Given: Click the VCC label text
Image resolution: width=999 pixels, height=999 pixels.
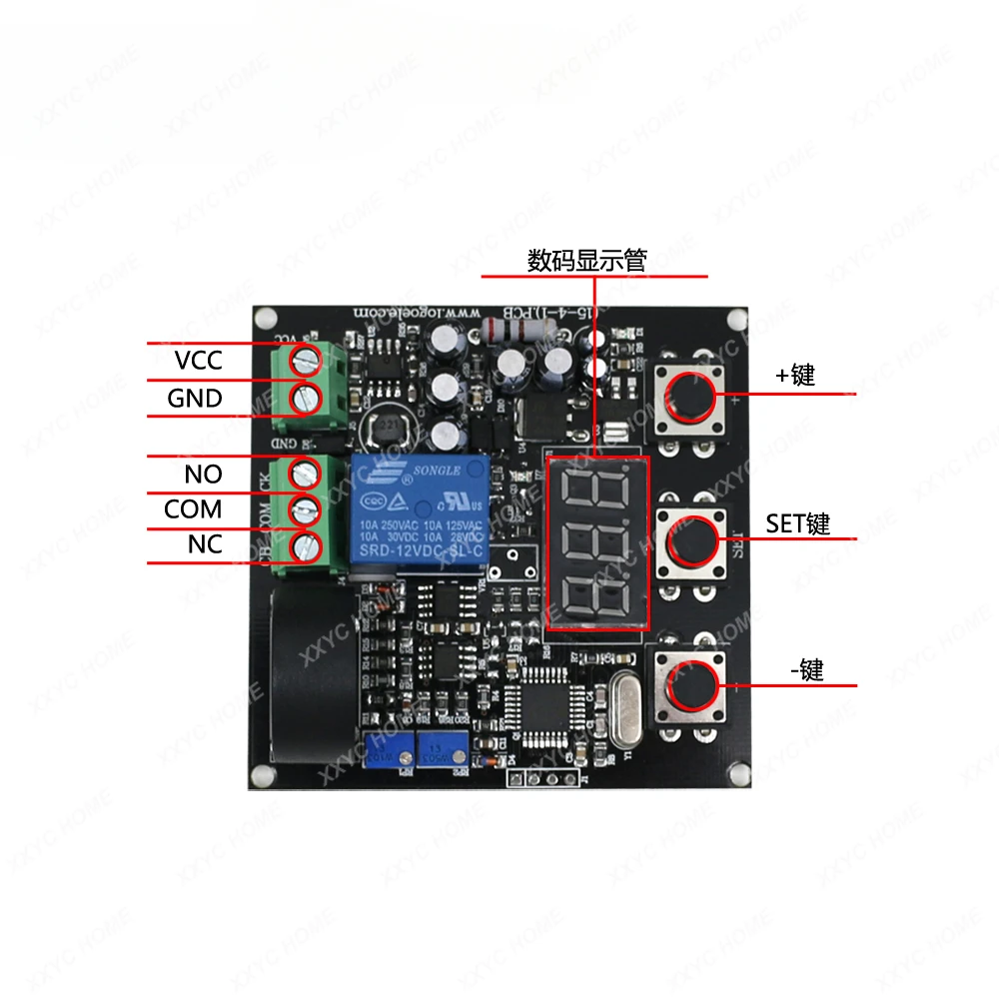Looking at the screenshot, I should (198, 360).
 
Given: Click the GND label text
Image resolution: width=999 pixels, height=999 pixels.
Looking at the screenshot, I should (194, 399).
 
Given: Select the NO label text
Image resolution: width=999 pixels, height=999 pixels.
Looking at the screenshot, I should (203, 474).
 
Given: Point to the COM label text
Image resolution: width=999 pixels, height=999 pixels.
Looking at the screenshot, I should (193, 509).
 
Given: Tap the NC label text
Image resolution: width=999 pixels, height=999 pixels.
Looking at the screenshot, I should (204, 545).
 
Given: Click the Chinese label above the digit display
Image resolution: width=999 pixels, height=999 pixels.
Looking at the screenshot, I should (586, 262).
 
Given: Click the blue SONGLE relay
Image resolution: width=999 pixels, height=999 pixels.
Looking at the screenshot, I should (418, 513).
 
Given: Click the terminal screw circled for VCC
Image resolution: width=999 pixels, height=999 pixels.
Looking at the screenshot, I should (303, 359).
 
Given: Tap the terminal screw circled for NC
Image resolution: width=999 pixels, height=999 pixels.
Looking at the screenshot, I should (303, 545).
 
